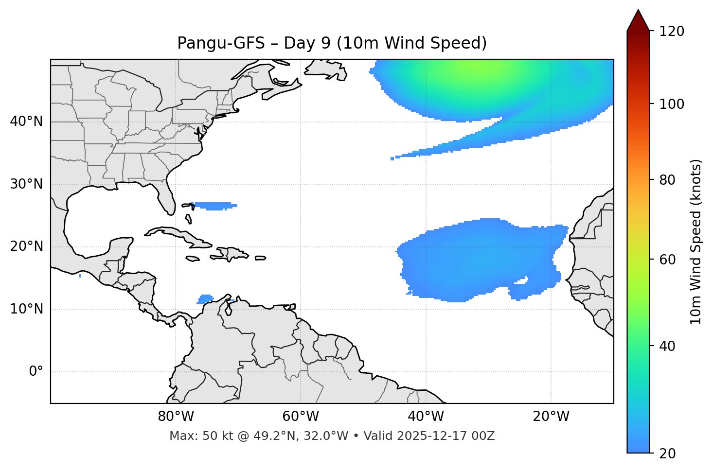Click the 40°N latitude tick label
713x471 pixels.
(x=26, y=122)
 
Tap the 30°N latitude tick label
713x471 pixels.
(x=26, y=184)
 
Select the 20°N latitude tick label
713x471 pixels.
(x=26, y=247)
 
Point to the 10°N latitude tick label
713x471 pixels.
(x=26, y=309)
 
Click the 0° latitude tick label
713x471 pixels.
(x=36, y=372)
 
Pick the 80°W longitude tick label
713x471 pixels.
(x=176, y=417)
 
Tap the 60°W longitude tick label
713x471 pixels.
(x=301, y=417)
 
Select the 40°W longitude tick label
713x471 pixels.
(x=426, y=417)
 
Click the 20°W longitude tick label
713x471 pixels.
(x=551, y=417)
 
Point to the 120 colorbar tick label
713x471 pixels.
(x=671, y=32)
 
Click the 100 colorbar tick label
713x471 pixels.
(x=671, y=104)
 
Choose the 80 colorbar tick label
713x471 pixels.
(x=667, y=180)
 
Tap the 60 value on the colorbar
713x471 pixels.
(x=667, y=260)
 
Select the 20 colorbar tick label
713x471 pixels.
(x=667, y=454)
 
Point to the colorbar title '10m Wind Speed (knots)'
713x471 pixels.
(x=696, y=242)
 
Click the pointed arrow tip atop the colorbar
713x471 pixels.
(x=638, y=11)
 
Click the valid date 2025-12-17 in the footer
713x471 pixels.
(x=433, y=436)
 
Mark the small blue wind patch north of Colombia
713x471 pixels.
(x=206, y=298)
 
